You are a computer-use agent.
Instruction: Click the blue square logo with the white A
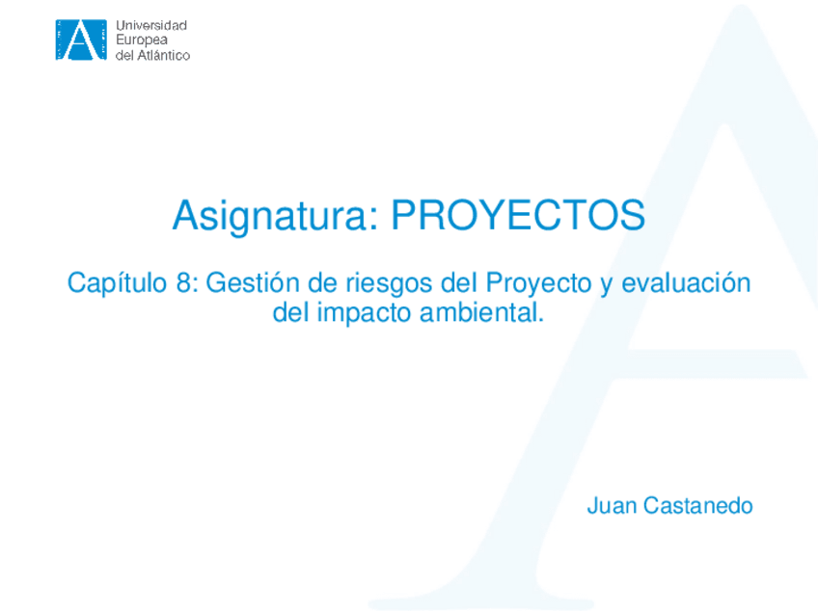click(x=81, y=40)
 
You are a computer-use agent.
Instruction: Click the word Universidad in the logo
click(x=151, y=25)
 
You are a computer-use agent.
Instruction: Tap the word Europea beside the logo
click(x=142, y=40)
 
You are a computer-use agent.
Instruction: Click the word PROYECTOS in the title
click(x=518, y=215)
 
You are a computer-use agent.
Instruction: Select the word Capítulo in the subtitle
click(x=117, y=284)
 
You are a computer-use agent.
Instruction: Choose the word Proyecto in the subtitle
click(x=538, y=284)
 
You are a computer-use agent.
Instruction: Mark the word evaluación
click(x=686, y=283)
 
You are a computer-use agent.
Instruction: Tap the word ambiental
click(x=481, y=312)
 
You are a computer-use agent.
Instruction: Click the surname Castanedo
click(x=698, y=506)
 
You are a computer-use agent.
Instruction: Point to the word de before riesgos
click(x=322, y=283)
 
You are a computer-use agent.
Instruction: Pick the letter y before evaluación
click(x=606, y=287)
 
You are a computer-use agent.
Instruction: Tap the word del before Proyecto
click(x=459, y=283)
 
